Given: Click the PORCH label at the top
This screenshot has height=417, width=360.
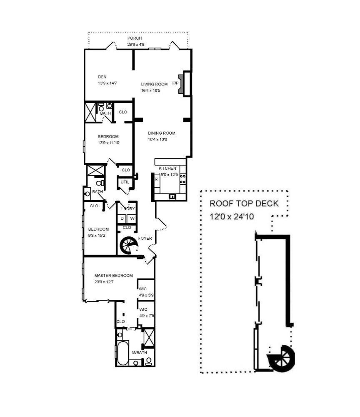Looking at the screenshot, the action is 135,38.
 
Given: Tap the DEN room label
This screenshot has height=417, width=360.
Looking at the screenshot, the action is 102,77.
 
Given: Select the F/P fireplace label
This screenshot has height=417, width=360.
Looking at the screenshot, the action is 175,83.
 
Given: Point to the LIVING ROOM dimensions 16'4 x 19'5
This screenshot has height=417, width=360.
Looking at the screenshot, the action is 151,90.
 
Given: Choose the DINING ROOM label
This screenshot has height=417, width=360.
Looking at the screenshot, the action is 162,133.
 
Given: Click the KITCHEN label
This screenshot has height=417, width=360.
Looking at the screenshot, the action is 167,168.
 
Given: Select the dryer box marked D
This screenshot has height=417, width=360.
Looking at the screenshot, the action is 122,219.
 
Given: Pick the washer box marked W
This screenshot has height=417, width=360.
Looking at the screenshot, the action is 132,219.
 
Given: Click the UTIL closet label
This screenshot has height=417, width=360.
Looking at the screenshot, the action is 125,182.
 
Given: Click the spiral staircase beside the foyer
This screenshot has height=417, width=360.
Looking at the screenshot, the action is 129,245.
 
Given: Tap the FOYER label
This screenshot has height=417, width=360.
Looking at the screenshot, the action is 145,238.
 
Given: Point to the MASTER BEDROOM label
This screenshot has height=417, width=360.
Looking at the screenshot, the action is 114,276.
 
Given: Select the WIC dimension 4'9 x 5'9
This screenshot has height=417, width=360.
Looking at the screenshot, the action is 146,295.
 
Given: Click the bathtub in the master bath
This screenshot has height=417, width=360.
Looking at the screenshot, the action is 123,353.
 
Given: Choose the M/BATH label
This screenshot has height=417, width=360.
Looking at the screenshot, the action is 140,353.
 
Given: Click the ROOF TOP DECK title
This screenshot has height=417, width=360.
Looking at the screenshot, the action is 244,204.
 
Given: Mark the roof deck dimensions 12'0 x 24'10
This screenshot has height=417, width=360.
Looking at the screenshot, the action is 232,216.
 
